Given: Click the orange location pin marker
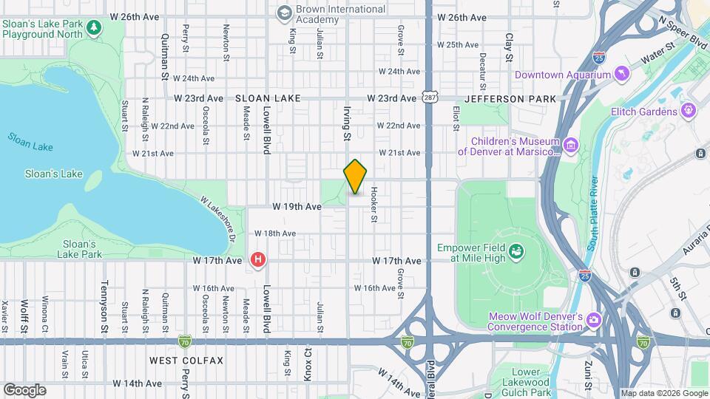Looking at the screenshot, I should [355, 177].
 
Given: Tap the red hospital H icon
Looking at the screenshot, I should [257, 259].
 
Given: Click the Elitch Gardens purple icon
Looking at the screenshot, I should [689, 111].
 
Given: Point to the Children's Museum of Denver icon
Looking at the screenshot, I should [570, 145].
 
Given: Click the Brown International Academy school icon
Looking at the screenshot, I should [284, 13].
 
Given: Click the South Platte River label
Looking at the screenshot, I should [592, 212].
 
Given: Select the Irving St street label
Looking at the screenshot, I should [345, 123].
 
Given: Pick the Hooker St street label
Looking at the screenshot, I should [374, 205].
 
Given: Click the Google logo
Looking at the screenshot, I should [24, 390].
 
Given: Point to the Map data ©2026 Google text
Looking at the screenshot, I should [663, 393].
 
